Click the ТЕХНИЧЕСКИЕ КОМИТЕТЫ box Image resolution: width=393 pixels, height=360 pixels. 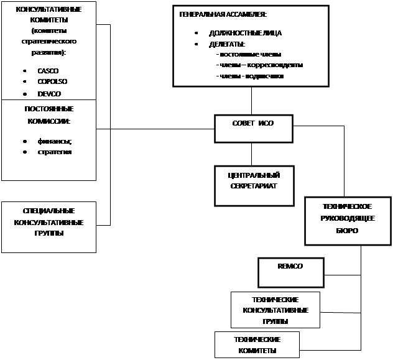(257, 344)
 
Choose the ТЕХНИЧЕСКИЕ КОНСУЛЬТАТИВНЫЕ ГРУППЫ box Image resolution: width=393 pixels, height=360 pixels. (275, 310)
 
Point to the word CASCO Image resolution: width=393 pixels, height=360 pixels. (48, 71)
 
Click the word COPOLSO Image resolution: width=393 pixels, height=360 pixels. (52, 82)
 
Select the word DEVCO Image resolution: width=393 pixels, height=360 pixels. (49, 94)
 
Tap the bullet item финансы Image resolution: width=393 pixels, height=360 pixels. (54, 141)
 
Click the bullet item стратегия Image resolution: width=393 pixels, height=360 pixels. (55, 152)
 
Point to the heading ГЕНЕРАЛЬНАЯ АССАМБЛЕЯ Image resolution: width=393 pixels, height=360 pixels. (223, 14)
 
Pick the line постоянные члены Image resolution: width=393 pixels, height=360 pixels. (248, 55)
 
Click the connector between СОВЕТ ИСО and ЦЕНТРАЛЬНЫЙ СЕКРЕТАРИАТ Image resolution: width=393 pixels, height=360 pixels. (251, 154)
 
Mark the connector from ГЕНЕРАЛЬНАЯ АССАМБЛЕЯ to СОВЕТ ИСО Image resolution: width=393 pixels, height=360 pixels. (251, 100)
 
